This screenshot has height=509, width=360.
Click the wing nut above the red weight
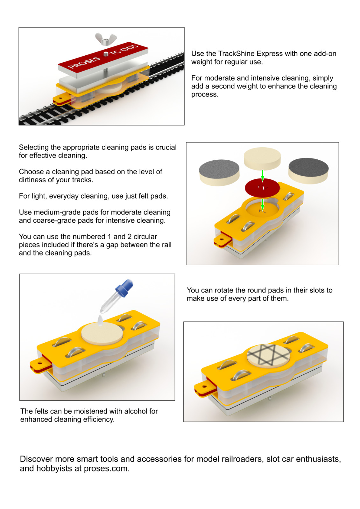click(106, 39)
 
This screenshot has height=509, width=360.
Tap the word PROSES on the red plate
click(84, 63)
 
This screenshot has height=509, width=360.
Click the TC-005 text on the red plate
click(124, 50)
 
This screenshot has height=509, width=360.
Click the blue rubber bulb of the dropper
click(124, 288)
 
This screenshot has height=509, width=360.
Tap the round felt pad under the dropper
click(102, 333)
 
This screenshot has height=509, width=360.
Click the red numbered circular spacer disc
click(262, 188)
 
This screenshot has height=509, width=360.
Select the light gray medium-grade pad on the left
click(219, 173)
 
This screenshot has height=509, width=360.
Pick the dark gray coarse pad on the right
click(308, 171)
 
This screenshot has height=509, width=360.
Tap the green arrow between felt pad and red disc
click(262, 175)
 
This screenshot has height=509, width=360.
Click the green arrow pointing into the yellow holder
click(262, 205)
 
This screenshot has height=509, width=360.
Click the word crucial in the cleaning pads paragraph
click(165, 147)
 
